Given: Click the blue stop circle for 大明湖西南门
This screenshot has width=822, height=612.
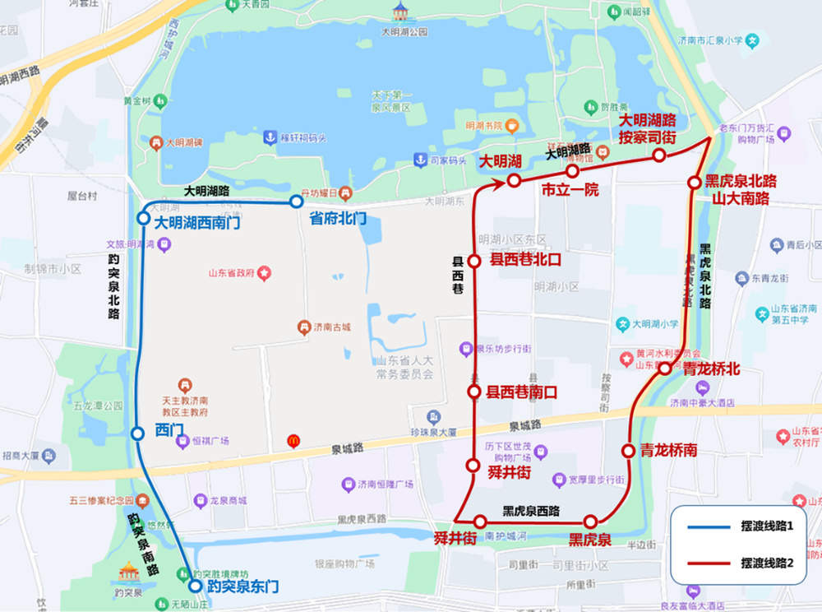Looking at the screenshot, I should (143, 219).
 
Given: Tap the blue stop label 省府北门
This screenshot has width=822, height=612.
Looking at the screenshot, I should (337, 219).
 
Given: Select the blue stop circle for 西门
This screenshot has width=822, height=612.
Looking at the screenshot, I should (138, 433).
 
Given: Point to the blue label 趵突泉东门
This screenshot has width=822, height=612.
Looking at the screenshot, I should (242, 586).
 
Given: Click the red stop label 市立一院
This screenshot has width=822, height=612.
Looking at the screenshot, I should (570, 190).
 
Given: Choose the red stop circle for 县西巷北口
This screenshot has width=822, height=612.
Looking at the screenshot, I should (474, 262).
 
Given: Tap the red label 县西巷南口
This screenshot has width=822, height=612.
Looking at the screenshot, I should (522, 392).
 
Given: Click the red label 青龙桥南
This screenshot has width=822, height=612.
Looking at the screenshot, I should (670, 450).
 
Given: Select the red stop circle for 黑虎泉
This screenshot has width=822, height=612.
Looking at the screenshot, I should (590, 522).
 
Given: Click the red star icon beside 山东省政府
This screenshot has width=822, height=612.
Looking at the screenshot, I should (264, 272).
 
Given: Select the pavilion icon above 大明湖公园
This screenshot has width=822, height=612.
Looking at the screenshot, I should (400, 11).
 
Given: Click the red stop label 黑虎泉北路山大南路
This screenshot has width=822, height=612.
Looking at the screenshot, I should (739, 189).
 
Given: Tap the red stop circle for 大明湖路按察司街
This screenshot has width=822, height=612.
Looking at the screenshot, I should (658, 155).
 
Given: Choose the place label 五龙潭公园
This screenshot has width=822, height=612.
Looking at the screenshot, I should (97, 406).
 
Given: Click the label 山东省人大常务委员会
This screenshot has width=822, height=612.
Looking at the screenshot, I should (404, 368).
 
